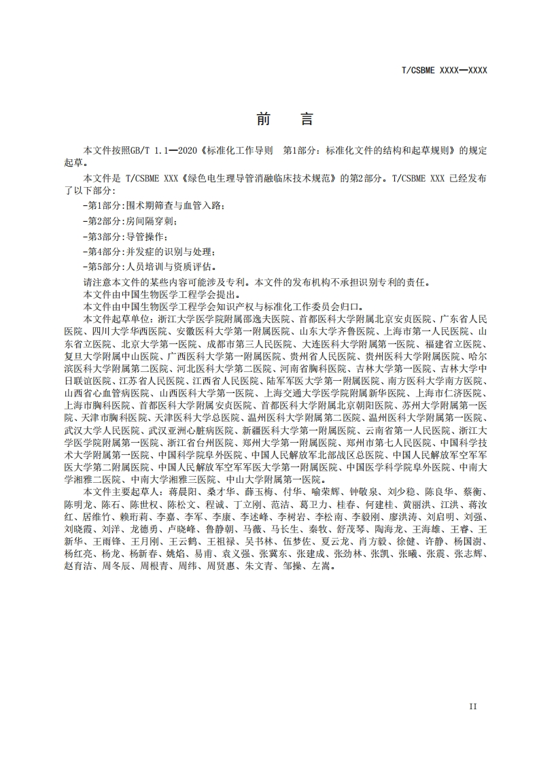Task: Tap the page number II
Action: (x=473, y=706)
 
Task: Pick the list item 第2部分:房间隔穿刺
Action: (x=130, y=221)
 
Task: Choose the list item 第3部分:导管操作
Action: (x=125, y=237)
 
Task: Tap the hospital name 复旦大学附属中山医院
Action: (x=104, y=356)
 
